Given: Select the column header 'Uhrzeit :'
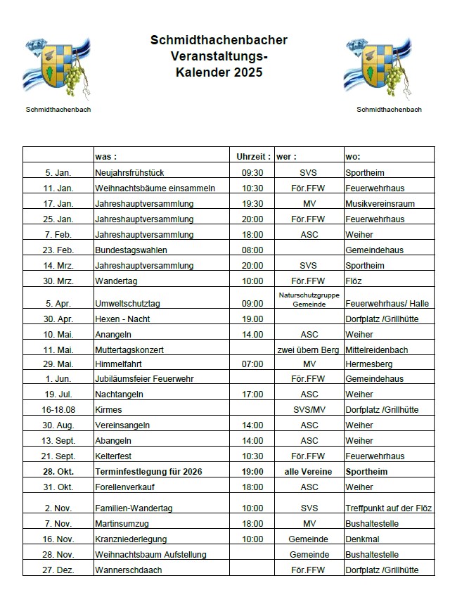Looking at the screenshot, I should click(x=252, y=156).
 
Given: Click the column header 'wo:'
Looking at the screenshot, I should click(x=353, y=156).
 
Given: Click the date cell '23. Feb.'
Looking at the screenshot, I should click(x=58, y=250).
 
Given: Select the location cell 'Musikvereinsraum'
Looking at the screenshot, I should click(x=380, y=203).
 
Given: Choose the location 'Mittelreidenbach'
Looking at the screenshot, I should click(x=377, y=349).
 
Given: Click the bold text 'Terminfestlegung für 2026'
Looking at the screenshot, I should click(x=148, y=471).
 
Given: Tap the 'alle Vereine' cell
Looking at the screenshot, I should click(x=309, y=471).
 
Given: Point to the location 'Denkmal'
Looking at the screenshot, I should click(x=361, y=539).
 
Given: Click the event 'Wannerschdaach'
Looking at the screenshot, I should click(x=130, y=570).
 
